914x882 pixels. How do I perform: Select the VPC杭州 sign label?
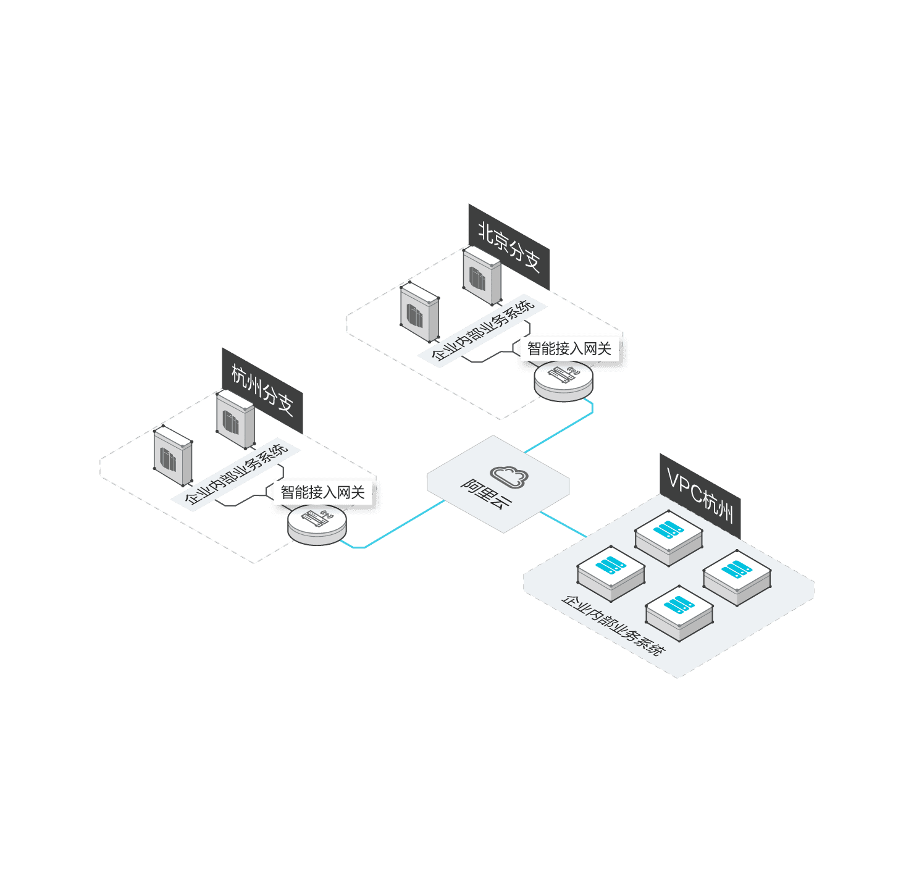click(x=700, y=497)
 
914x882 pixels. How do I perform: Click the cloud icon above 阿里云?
click(x=509, y=476)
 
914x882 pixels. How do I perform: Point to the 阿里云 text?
click(x=486, y=494)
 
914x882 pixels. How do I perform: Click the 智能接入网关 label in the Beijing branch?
click(x=569, y=349)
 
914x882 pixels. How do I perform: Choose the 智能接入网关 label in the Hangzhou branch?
click(x=322, y=492)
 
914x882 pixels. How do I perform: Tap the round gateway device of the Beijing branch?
click(x=563, y=379)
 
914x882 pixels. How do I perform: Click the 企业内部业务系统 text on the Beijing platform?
click(x=482, y=330)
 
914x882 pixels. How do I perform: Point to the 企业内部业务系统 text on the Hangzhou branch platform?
click(x=236, y=474)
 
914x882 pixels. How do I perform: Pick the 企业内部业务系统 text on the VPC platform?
click(x=613, y=625)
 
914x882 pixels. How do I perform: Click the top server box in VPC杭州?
click(x=669, y=536)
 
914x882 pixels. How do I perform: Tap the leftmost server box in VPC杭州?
click(x=611, y=572)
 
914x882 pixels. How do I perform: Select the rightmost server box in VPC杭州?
click(x=737, y=576)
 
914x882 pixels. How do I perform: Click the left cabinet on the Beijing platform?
click(x=419, y=312)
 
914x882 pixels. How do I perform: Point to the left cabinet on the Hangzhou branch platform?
click(x=173, y=456)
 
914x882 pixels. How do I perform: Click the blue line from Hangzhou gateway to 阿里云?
click(x=401, y=526)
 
